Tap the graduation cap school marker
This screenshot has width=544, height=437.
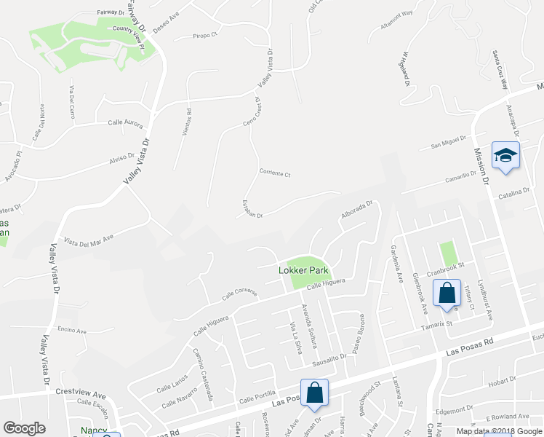coord(505,155)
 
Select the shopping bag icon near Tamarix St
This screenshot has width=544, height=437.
coord(447,294)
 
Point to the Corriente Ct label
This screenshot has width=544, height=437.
coord(275,174)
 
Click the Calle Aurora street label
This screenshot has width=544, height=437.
coord(125,124)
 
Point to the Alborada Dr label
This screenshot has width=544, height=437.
coord(356,211)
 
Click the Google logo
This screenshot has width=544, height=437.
coord(25,428)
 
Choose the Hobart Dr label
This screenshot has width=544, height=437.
coord(502,382)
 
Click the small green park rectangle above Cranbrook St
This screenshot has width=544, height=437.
coord(449,253)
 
